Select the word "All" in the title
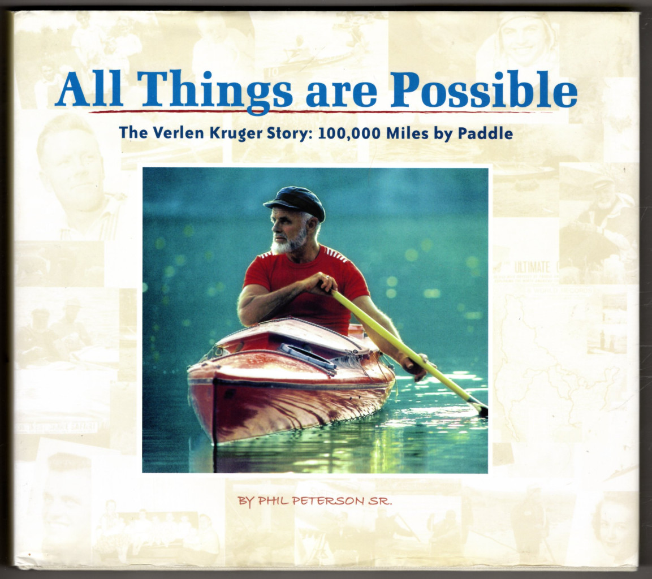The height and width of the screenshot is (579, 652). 89,89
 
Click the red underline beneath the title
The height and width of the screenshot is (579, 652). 321,111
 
